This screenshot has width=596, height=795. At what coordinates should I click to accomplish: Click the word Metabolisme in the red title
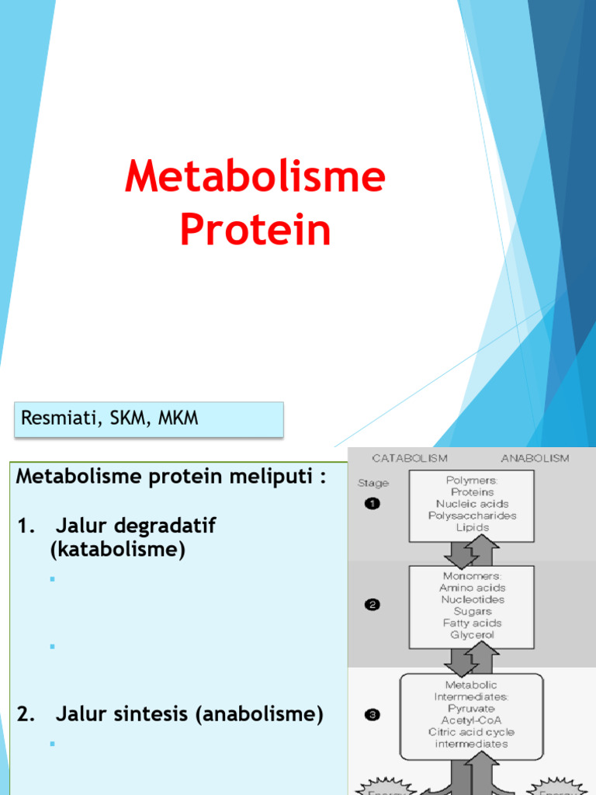255,177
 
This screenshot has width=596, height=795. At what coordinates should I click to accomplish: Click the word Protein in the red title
255,231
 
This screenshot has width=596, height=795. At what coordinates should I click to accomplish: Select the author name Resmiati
53,418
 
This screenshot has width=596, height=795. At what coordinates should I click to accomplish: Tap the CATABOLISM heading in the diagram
409,458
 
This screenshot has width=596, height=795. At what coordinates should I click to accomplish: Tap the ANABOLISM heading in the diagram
535,458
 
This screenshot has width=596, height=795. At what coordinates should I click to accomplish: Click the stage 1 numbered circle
372,504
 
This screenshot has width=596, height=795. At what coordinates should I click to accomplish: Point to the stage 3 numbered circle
372,715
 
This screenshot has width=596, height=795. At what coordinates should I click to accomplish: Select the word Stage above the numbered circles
373,483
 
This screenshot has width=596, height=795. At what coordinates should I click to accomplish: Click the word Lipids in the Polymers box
471,527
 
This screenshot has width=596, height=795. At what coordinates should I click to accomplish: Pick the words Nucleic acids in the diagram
471,504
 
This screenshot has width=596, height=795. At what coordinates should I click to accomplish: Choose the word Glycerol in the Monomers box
471,634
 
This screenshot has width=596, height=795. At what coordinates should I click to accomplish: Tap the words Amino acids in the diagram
471,588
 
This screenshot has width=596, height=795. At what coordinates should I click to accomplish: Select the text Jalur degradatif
135,526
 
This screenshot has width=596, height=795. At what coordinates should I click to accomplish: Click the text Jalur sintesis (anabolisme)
189,714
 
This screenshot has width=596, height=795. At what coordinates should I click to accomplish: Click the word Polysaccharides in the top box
472,516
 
